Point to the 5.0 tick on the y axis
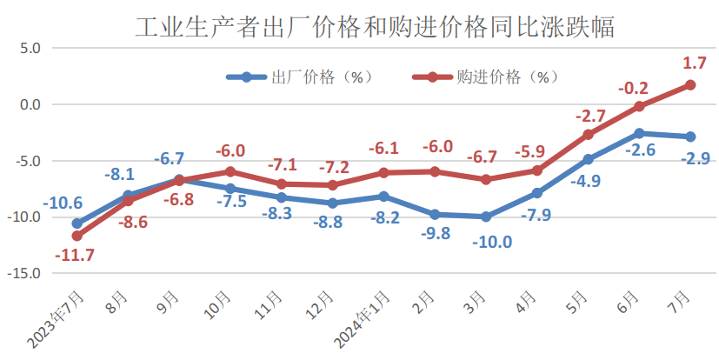pos(30,49)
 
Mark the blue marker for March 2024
pos(486,217)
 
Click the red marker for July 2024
pos(690,84)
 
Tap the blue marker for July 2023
pos(77,223)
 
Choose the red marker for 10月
pos(230,171)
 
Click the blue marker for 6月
pos(639,133)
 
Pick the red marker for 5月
pos(588,135)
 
